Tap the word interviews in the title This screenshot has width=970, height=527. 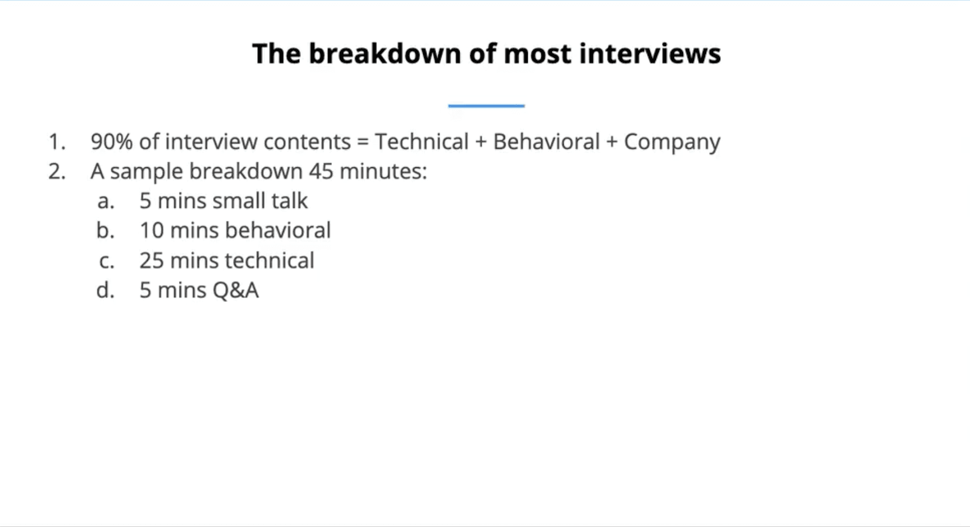pyautogui.click(x=650, y=53)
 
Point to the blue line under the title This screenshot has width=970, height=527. pyautogui.click(x=486, y=105)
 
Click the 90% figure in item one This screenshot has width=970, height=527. pyautogui.click(x=112, y=142)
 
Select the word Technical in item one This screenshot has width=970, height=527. pyautogui.click(x=422, y=142)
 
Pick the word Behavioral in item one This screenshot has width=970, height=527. pyautogui.click(x=546, y=142)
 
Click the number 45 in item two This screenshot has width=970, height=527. pyautogui.click(x=321, y=171)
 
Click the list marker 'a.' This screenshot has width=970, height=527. pyautogui.click(x=106, y=201)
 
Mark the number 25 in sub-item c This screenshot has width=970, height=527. pyautogui.click(x=152, y=261)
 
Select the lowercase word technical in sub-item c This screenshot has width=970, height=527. pyautogui.click(x=270, y=260)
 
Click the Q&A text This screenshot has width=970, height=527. pyautogui.click(x=236, y=291)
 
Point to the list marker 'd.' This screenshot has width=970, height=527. pyautogui.click(x=106, y=291)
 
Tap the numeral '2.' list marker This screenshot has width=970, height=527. pyautogui.click(x=57, y=172)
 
